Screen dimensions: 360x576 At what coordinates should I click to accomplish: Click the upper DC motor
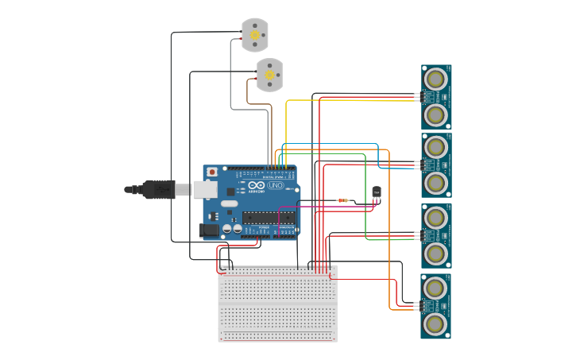click(254, 35)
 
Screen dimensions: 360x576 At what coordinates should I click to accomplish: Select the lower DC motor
click(269, 75)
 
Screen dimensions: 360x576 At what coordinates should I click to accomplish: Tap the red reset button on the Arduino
click(212, 172)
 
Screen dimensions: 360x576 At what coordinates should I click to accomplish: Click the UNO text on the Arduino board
click(275, 185)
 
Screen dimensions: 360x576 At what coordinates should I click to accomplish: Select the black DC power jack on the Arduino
click(208, 230)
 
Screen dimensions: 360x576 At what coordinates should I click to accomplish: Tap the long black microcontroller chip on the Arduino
click(269, 218)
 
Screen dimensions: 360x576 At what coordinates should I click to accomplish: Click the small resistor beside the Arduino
click(343, 200)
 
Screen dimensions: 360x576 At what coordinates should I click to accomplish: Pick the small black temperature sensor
click(377, 192)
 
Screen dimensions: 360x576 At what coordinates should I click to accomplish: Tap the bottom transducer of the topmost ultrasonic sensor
click(435, 114)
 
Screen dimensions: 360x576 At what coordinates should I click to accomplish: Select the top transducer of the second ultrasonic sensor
click(435, 147)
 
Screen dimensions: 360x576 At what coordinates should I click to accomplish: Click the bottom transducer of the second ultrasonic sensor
click(435, 183)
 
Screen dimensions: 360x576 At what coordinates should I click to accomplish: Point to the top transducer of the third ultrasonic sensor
click(435, 217)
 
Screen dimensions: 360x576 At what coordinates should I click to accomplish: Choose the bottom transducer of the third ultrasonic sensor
click(435, 253)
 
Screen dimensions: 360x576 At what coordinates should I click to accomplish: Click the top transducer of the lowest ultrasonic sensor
click(435, 287)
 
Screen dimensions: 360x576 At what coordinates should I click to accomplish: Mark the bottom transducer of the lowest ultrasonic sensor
click(435, 323)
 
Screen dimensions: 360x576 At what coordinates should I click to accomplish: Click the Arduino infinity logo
click(255, 184)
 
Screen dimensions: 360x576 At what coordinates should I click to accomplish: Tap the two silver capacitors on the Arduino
click(232, 228)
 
